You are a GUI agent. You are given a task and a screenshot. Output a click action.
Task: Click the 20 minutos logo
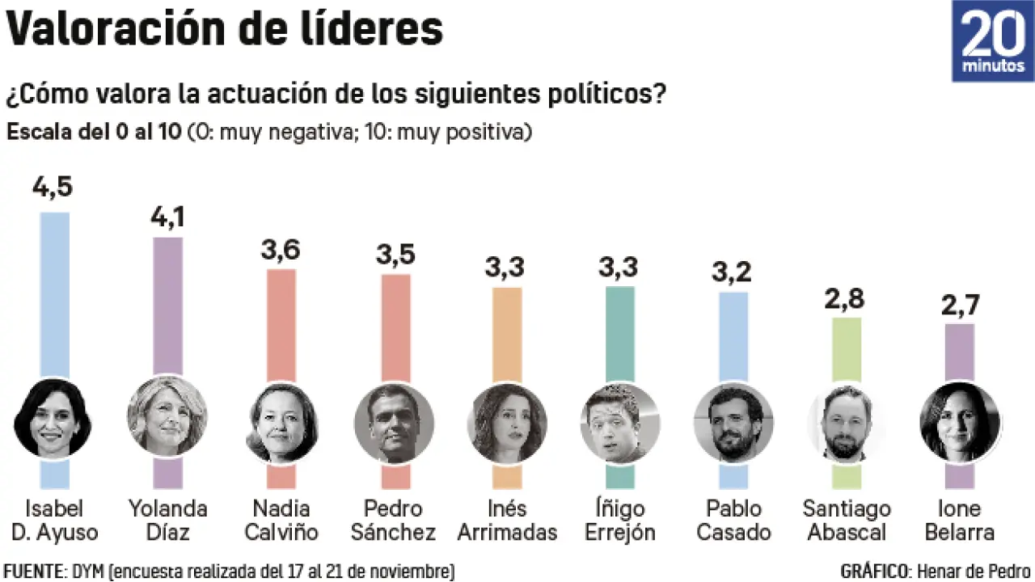pyautogui.click(x=992, y=41)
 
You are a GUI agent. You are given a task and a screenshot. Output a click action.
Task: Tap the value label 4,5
pyautogui.click(x=53, y=188)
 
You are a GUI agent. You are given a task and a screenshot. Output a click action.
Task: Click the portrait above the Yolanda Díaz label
pyautogui.click(x=167, y=415)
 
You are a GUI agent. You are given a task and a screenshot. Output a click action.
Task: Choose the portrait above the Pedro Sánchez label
pyautogui.click(x=394, y=421)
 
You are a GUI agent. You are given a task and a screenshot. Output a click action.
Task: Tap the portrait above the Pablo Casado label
pyautogui.click(x=733, y=421)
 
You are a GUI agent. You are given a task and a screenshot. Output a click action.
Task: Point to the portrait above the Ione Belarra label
pyautogui.click(x=960, y=421)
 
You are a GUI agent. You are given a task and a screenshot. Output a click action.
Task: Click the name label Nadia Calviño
pyautogui.click(x=281, y=520)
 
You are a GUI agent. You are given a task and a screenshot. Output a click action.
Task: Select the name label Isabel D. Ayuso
pyautogui.click(x=54, y=520)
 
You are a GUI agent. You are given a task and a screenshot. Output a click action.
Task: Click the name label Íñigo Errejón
pyautogui.click(x=620, y=520)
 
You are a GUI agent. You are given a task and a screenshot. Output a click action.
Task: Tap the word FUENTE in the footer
pyautogui.click(x=33, y=571)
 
